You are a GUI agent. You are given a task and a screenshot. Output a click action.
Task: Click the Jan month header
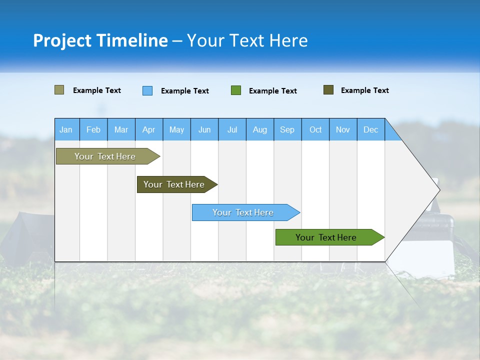(x=66, y=129)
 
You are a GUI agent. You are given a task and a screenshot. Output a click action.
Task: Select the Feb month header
(x=93, y=129)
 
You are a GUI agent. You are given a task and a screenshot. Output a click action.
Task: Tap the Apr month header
(x=148, y=129)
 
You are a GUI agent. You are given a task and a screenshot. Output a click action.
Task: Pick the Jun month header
(x=204, y=129)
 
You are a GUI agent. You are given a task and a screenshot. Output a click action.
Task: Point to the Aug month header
(x=260, y=129)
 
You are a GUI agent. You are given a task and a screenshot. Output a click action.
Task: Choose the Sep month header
(x=287, y=129)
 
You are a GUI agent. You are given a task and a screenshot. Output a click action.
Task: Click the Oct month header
(x=315, y=129)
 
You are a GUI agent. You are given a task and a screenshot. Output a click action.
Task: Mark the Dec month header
(x=371, y=129)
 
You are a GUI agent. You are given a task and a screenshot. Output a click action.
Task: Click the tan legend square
(x=59, y=90)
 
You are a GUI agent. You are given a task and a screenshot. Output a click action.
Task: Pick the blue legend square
(x=147, y=90)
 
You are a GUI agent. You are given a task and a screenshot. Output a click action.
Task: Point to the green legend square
(x=236, y=90)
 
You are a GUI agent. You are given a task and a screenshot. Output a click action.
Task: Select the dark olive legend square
(x=328, y=90)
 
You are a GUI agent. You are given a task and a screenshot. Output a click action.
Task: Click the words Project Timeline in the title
(x=100, y=40)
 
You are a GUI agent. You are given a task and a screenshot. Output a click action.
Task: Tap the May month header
(x=176, y=129)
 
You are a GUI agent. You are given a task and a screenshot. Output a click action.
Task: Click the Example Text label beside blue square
(x=185, y=91)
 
